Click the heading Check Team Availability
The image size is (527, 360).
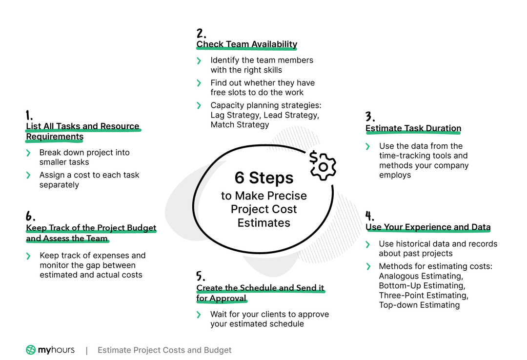247,44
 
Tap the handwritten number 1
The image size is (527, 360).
29,115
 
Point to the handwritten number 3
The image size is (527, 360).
370,116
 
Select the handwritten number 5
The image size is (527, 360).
201,276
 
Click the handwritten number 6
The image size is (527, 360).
30,216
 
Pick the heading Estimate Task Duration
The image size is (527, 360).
413,128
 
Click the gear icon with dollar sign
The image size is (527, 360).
323,165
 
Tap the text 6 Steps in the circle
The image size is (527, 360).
264,178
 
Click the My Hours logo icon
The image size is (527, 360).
31,350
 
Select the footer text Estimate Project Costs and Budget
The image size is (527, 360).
164,350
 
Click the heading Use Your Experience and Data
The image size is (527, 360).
428,227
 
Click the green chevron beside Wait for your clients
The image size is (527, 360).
199,315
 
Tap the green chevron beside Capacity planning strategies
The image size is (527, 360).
199,105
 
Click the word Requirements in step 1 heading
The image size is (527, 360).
55,137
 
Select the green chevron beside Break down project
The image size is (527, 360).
28,153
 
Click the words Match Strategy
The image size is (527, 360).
240,125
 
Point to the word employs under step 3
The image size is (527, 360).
395,175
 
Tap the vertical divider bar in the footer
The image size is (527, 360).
87,351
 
